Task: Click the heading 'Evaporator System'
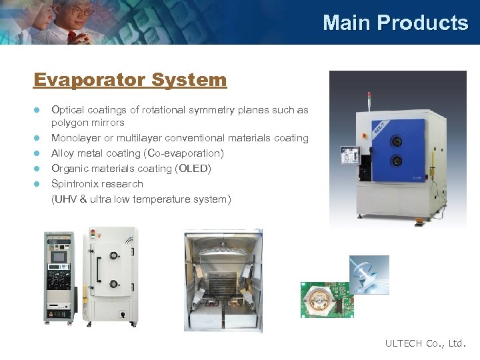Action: click(130, 80)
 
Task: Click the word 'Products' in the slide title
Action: click(423, 23)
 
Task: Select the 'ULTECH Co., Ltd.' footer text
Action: click(425, 343)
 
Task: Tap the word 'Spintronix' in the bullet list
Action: click(74, 183)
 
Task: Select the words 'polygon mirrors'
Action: click(87, 123)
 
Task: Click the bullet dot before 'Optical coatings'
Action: click(38, 110)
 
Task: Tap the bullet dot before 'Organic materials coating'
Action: click(38, 169)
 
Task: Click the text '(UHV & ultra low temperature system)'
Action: click(141, 199)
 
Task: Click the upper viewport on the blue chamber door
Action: click(397, 141)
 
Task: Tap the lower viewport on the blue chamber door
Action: click(397, 161)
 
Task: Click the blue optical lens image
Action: click(369, 274)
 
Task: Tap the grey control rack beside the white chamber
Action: click(60, 277)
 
